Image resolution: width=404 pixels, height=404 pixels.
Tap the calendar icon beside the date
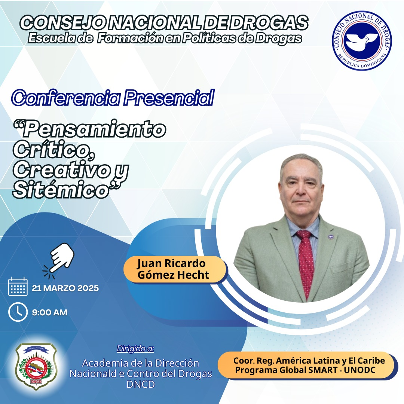click(x=18, y=286)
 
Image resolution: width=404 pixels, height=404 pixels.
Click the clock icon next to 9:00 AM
click(x=18, y=312)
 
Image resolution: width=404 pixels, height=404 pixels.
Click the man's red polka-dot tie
click(x=306, y=263)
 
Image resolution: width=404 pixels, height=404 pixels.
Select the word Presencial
click(x=169, y=98)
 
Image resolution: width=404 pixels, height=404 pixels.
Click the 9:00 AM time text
click(x=49, y=312)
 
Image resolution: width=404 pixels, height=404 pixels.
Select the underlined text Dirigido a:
click(x=135, y=348)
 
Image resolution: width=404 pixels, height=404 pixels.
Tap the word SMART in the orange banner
click(x=323, y=370)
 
